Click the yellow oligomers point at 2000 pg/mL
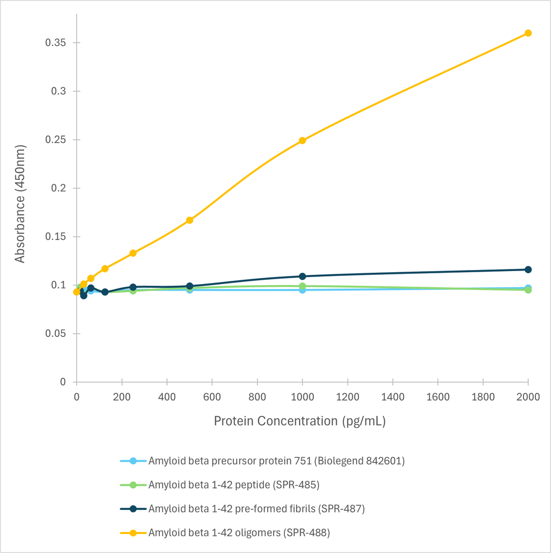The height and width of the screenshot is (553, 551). pos(528,33)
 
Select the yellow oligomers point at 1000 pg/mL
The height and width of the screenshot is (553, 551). pos(302,140)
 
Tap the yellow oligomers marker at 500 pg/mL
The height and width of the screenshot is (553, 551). pos(189,220)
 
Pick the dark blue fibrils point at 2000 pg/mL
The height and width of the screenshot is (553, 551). pos(528,269)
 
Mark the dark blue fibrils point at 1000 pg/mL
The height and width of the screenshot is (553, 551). pos(302,276)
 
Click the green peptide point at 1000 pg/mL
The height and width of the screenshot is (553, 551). pos(302,286)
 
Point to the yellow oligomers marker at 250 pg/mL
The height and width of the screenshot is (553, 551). pos(133,253)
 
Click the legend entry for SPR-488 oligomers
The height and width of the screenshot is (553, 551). pos(239,532)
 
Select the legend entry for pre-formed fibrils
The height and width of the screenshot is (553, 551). pos(256,509)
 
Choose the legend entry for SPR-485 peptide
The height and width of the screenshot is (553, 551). pos(234,485)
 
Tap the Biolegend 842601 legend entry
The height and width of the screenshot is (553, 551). pos(276,461)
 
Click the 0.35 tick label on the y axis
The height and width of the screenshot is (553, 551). pos(55,43)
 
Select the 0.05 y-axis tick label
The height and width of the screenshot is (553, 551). pos(55,334)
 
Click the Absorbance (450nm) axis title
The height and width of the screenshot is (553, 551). pos(20,204)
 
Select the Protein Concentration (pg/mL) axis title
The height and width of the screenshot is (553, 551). pos(300,421)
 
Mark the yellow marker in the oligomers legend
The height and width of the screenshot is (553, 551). pos(133,532)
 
